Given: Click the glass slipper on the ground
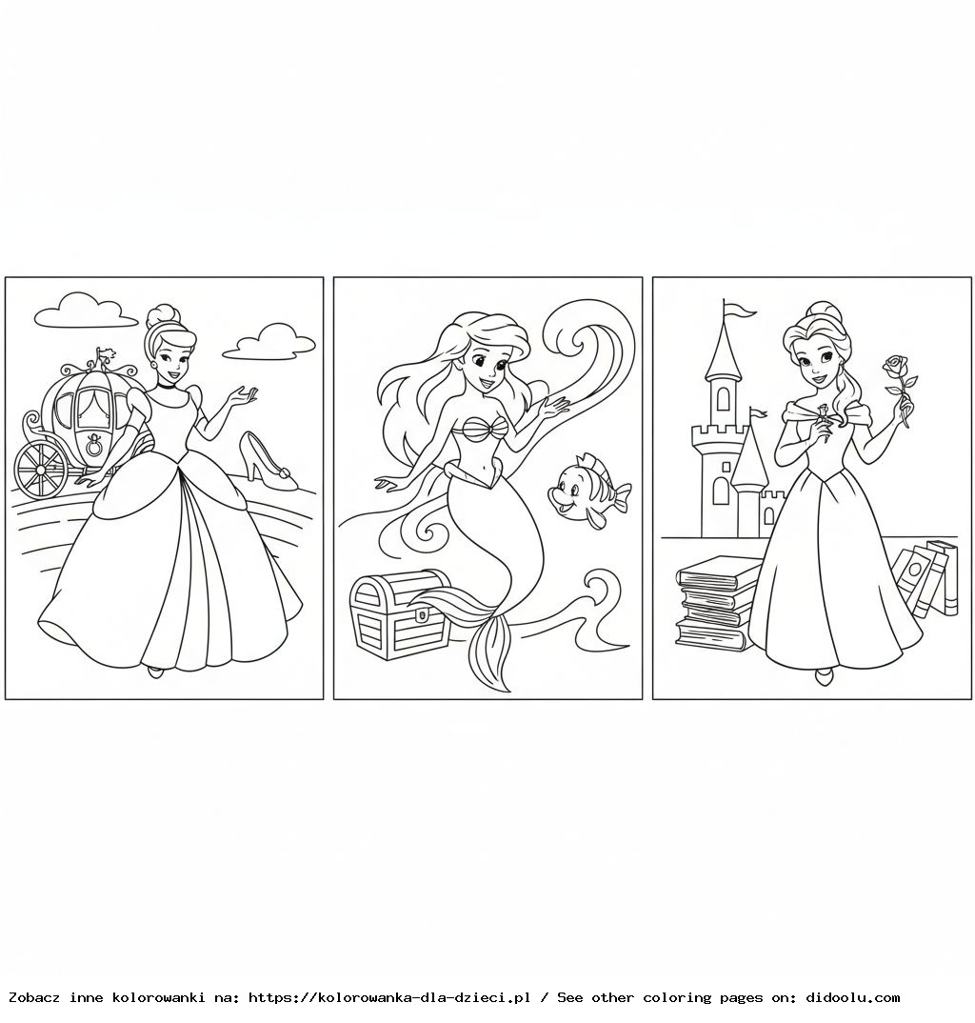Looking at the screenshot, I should click(269, 462).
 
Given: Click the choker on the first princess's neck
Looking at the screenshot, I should click(169, 385).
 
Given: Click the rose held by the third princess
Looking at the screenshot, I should click(895, 367).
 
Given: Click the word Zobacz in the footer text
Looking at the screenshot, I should click(32, 997).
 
